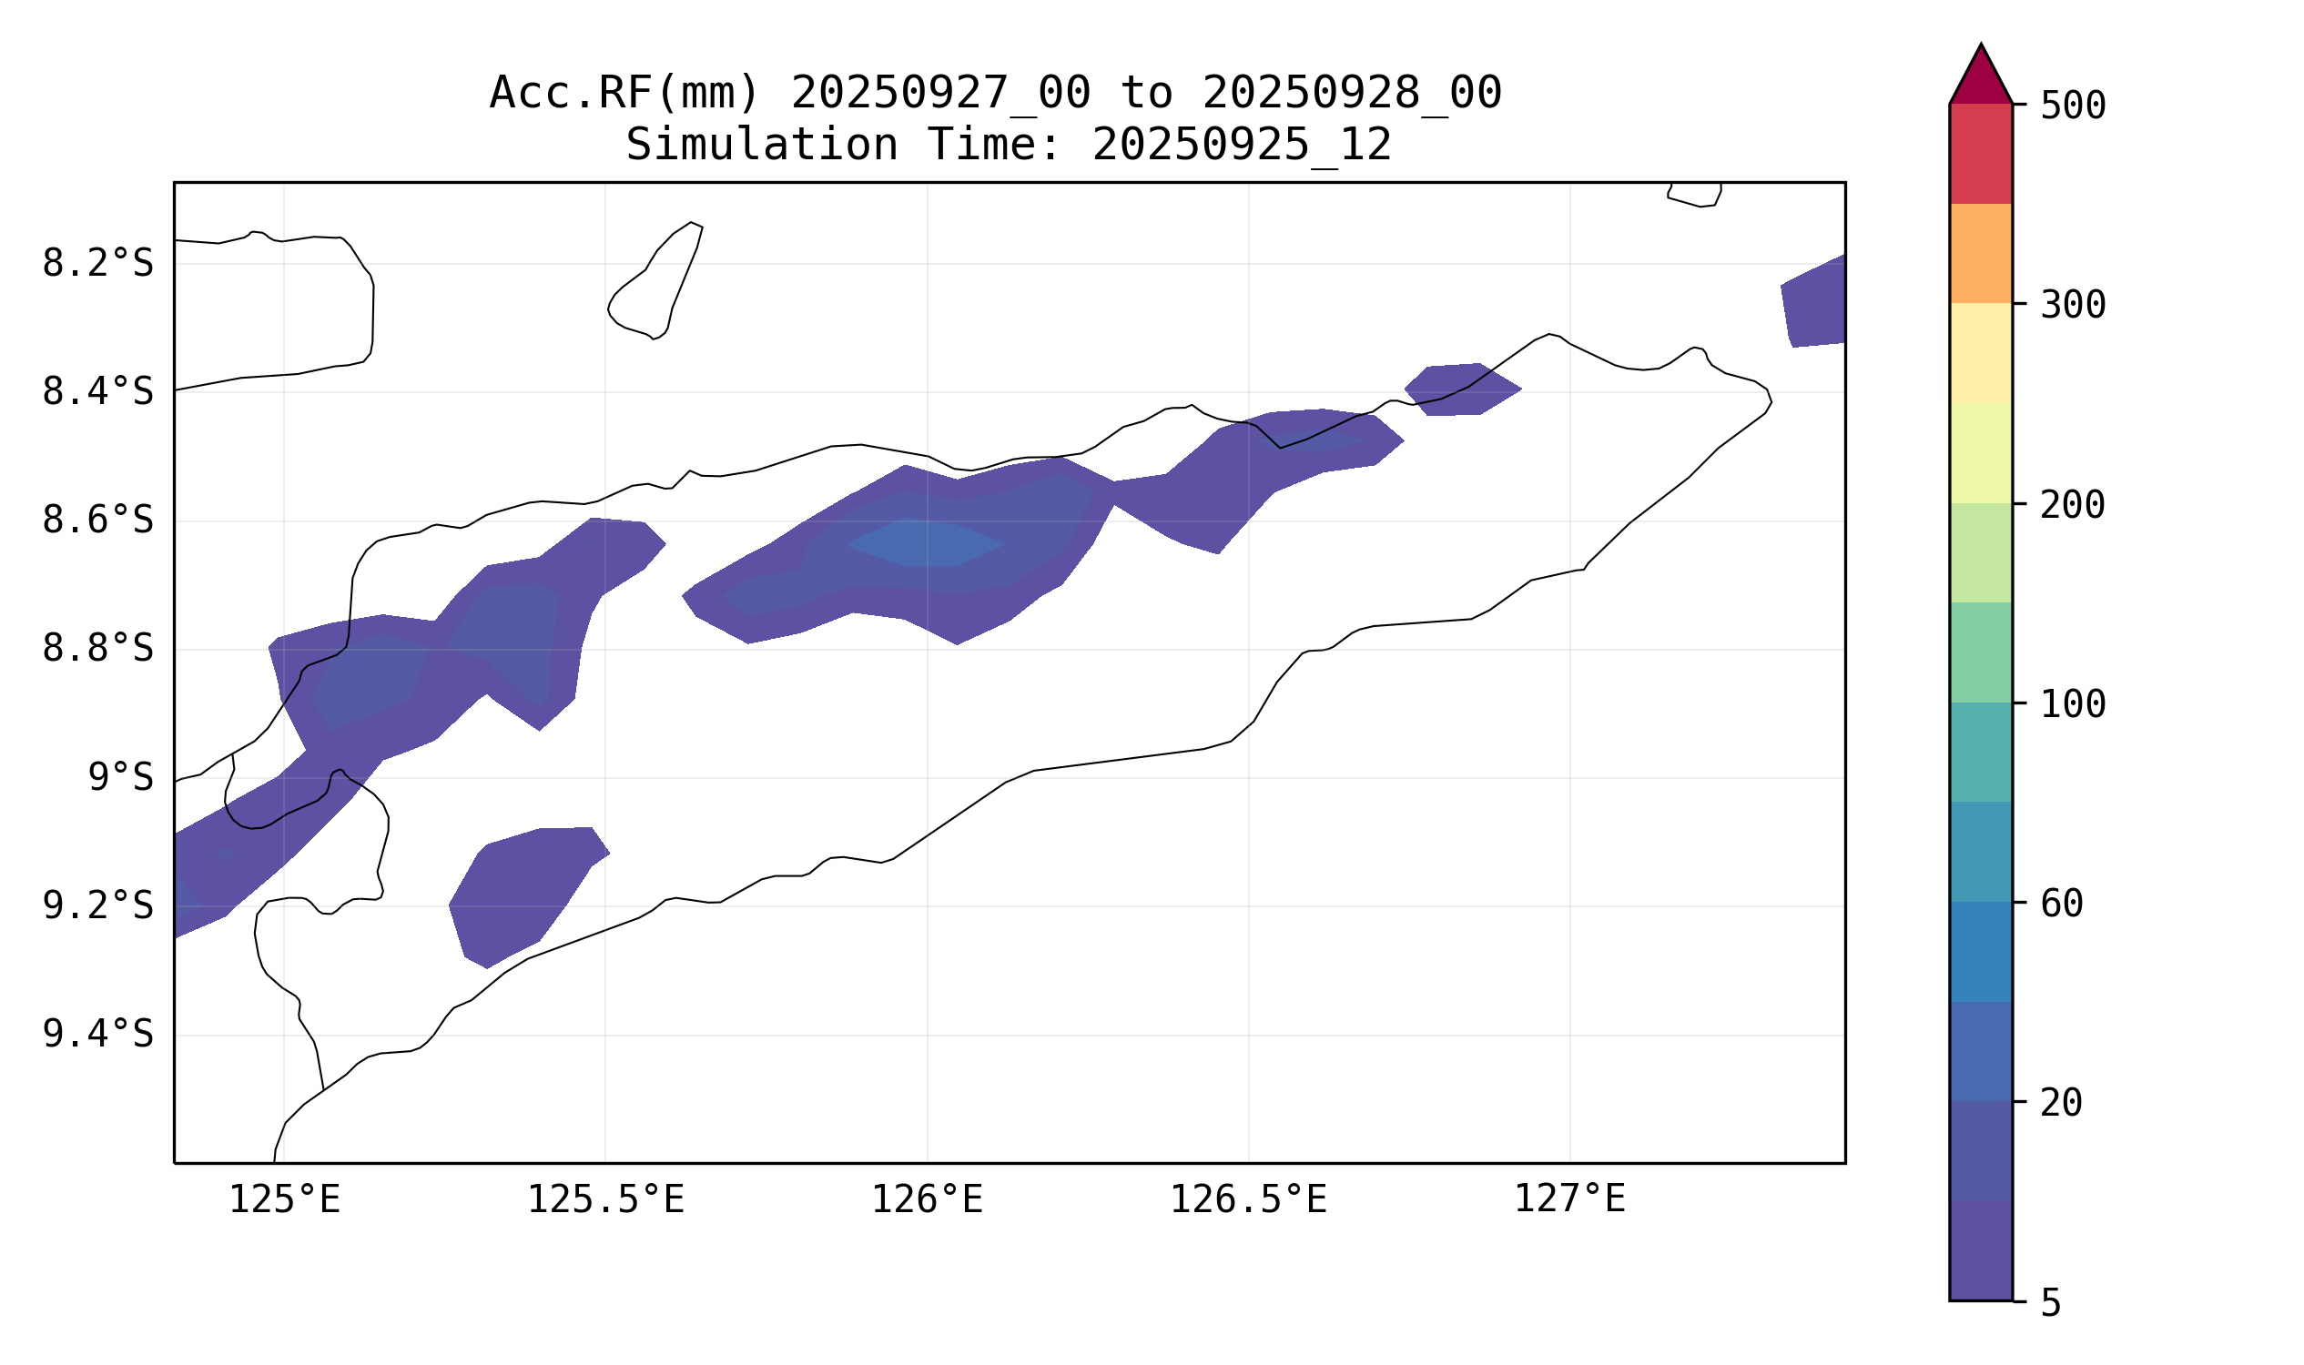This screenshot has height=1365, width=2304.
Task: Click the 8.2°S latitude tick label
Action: (x=97, y=264)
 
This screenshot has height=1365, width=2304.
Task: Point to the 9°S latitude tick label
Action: (x=120, y=778)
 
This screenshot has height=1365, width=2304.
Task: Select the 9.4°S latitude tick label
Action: (x=97, y=1035)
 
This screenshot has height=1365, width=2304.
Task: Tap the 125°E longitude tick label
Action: (x=284, y=1199)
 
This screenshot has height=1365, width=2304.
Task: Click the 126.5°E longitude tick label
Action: (x=1248, y=1199)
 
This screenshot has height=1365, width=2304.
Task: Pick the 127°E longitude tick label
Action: (x=1569, y=1199)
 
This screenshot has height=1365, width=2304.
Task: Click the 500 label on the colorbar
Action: (x=2072, y=106)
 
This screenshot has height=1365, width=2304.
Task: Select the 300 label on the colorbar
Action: (x=2072, y=305)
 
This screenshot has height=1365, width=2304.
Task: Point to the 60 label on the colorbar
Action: (x=2061, y=905)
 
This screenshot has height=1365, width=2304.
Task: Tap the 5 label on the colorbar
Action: (x=2051, y=1303)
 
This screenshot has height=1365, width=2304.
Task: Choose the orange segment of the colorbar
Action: (x=1980, y=253)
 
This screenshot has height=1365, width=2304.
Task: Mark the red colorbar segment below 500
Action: (x=1980, y=153)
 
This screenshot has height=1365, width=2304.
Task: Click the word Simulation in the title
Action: (x=761, y=146)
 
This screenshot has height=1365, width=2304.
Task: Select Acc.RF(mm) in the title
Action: (x=624, y=93)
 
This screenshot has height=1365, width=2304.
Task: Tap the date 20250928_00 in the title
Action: (x=1352, y=93)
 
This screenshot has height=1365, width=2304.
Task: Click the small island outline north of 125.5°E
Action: (x=656, y=280)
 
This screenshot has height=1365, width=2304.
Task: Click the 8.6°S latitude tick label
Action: (x=97, y=521)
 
